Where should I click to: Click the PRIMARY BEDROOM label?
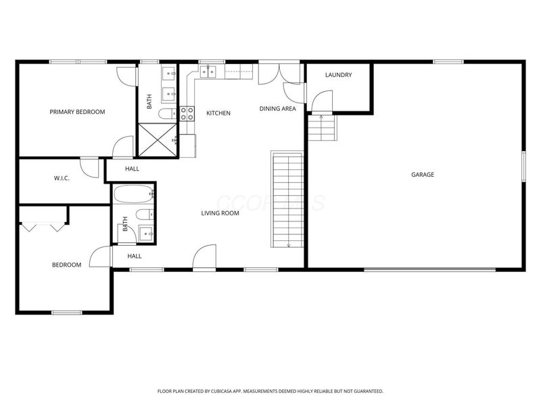(x=77, y=112)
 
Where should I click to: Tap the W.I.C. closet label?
(x=62, y=178)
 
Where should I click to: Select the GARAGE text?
(x=423, y=175)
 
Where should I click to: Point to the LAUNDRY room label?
(x=338, y=75)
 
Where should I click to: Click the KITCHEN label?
(x=218, y=113)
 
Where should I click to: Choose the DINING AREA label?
(x=277, y=109)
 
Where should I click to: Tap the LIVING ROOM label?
(x=220, y=213)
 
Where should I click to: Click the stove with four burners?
(x=187, y=113)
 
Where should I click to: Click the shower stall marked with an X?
(x=158, y=139)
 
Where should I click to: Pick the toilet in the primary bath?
(x=167, y=113)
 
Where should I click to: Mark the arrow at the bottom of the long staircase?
(x=289, y=243)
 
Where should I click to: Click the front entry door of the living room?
(x=204, y=259)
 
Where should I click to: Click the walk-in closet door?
(x=89, y=165)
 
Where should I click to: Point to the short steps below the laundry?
(x=322, y=128)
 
